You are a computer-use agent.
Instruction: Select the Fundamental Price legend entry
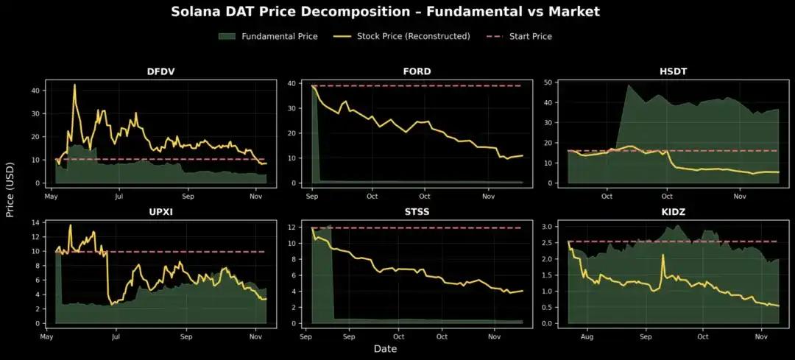pos(279,36)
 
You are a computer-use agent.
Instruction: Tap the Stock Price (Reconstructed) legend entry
pos(413,36)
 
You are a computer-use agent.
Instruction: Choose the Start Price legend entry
pos(530,36)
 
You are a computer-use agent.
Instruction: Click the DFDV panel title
pos(160,71)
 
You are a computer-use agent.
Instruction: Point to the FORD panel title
pos(417,71)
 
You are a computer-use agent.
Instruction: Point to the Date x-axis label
pos(385,348)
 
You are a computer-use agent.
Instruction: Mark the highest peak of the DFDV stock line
pos(74,85)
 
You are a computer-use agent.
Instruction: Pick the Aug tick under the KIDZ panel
pos(587,336)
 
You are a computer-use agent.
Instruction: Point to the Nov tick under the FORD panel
pos(488,197)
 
